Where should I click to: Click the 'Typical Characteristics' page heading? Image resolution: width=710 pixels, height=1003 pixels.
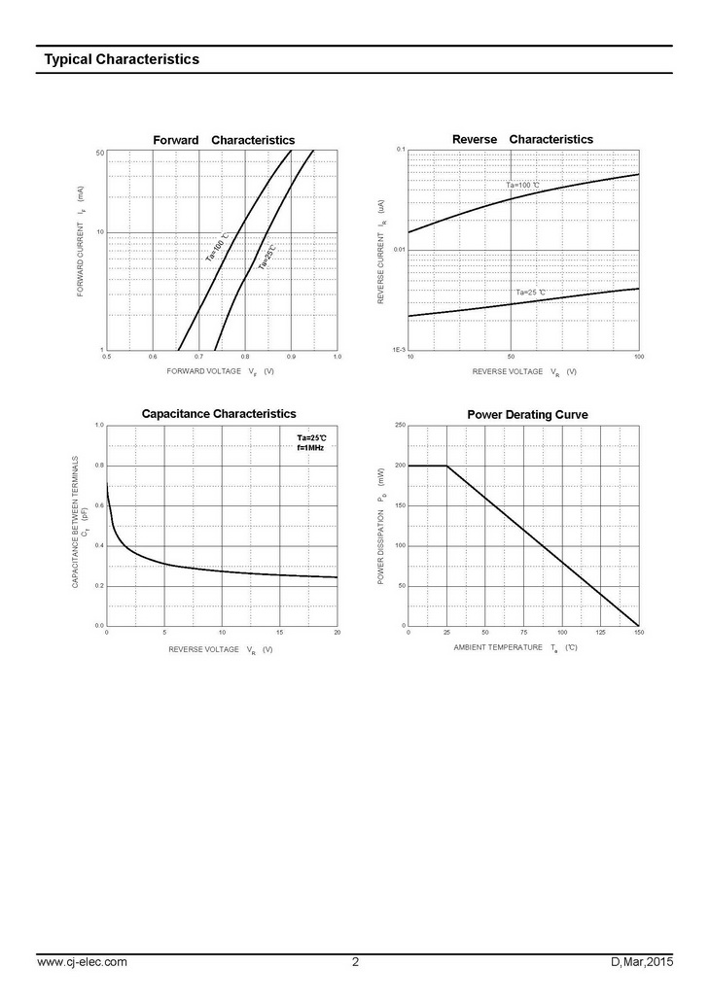[122, 59]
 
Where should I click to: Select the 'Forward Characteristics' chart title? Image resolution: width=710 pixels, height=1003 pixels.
[224, 140]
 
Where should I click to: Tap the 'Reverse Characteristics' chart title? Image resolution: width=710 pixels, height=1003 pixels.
[522, 139]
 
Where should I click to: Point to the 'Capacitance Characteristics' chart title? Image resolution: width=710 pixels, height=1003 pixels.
[219, 414]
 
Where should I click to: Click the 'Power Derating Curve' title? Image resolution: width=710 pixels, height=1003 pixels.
[527, 415]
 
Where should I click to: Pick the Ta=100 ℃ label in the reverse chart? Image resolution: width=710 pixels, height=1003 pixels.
[523, 185]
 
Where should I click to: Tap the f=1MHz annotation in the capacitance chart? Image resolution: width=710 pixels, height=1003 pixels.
[310, 447]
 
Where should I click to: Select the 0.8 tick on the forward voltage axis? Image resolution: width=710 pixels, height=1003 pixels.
[245, 358]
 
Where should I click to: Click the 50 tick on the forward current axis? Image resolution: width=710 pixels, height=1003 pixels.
[100, 154]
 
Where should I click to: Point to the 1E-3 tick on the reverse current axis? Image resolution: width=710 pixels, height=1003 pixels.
[399, 349]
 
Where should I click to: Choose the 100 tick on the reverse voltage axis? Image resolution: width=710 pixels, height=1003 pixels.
[638, 358]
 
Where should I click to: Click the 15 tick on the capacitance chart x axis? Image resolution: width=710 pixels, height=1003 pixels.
[279, 633]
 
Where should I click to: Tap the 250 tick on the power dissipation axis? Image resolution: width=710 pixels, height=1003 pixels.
[399, 426]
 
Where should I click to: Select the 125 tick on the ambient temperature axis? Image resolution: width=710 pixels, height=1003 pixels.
[600, 633]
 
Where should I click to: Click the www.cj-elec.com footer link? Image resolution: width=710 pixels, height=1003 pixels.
[82, 962]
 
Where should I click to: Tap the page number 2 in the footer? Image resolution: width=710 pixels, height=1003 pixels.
[355, 962]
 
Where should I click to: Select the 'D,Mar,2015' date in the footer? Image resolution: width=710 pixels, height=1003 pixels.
[642, 962]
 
